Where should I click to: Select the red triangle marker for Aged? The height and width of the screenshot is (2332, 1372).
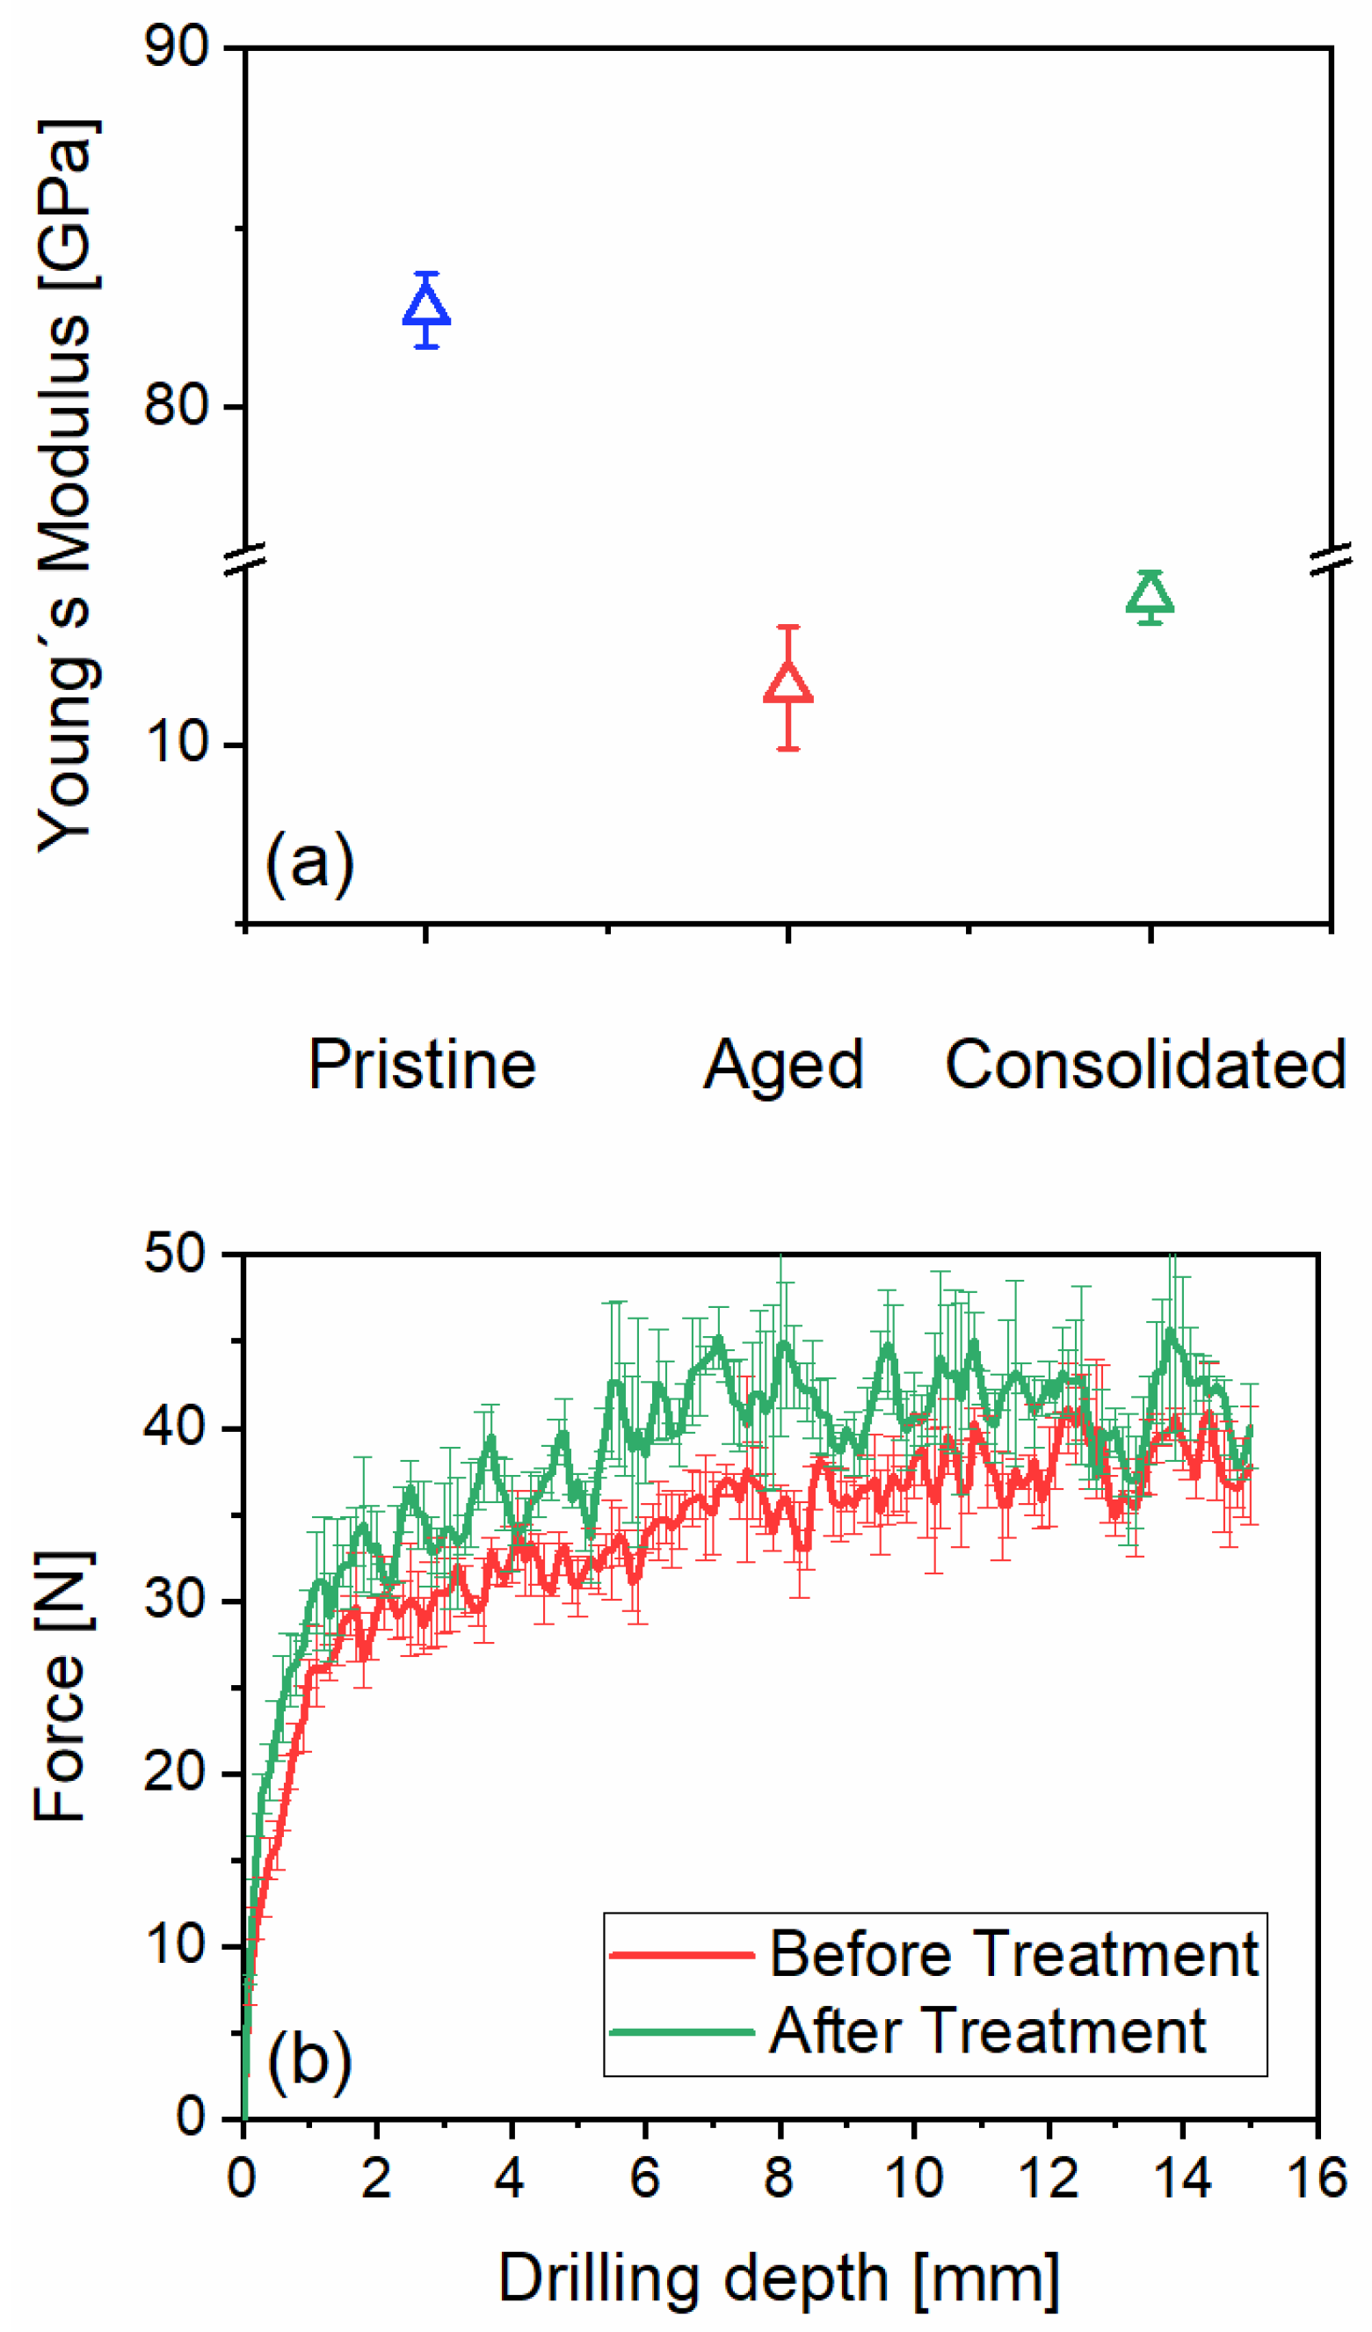point(788,684)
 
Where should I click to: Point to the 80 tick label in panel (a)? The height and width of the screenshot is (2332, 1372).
point(177,404)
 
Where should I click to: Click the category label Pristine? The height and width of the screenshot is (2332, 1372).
point(422,1065)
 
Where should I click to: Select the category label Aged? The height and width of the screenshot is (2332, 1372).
point(784,1065)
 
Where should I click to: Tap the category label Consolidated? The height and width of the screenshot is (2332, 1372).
point(1145,1065)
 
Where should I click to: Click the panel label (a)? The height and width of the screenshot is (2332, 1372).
point(309,861)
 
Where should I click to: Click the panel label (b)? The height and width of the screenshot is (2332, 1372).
point(309,2062)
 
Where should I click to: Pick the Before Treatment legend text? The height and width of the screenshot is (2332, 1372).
point(1013,1954)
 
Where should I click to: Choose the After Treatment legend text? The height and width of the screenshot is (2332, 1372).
point(987,2031)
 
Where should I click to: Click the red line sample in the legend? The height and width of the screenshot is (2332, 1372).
point(683,1954)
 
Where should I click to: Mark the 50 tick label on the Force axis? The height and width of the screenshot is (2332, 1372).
point(175,1255)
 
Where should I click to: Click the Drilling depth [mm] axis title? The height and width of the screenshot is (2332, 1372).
point(779,2278)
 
